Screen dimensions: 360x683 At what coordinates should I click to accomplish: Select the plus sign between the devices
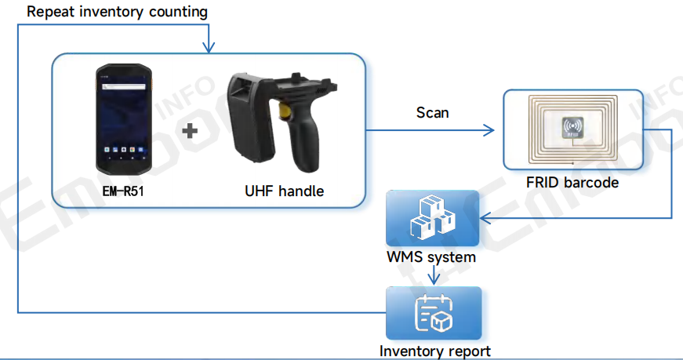[190, 131]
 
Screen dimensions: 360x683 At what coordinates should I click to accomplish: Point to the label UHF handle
[284, 191]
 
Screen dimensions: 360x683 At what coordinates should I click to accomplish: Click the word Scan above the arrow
[432, 112]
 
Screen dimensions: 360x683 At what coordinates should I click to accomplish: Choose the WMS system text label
[431, 256]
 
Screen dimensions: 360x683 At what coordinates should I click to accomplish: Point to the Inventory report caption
[435, 351]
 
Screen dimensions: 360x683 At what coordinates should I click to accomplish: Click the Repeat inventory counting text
[117, 12]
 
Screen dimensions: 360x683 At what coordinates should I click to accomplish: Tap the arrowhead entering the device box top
[208, 48]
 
